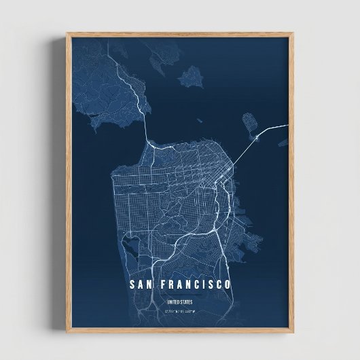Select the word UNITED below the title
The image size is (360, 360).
[x=173, y=302]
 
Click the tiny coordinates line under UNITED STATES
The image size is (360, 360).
[x=179, y=311]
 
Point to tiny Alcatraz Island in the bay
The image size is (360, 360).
[x=198, y=122]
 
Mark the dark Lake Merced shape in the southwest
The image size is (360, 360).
[x=130, y=242]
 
